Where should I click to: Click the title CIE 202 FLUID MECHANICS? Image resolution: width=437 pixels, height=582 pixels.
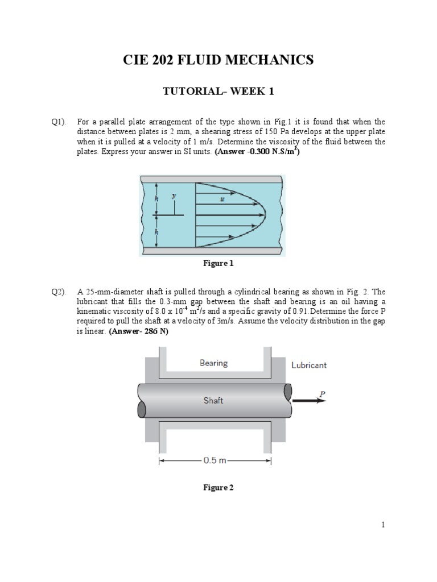(x=218, y=60)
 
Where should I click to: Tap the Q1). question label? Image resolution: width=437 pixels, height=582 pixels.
(x=59, y=122)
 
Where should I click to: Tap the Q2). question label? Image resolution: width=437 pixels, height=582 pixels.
(x=59, y=292)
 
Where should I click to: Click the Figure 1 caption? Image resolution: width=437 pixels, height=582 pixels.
(x=218, y=263)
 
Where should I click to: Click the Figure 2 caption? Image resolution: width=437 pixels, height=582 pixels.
(x=218, y=488)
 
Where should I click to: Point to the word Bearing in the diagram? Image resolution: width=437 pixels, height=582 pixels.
(x=213, y=363)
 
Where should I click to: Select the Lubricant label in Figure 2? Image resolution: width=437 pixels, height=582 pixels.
(x=309, y=365)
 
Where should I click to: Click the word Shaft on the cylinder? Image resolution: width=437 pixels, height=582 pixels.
(x=213, y=400)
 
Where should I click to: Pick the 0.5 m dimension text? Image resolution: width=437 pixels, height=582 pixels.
(x=215, y=461)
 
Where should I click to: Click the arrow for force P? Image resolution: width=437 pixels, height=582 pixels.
(x=310, y=400)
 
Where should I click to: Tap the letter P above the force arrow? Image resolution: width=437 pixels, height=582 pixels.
(x=322, y=392)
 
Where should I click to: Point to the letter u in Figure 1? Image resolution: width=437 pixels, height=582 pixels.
(x=222, y=199)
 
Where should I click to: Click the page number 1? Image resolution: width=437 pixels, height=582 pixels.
(x=384, y=525)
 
